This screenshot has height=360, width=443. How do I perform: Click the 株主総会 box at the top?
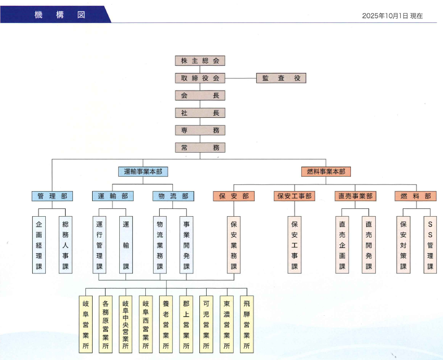click(x=200, y=60)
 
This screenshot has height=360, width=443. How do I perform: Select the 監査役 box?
click(x=281, y=78)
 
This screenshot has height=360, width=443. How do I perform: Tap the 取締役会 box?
click(x=200, y=78)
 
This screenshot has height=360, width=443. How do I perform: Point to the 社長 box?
click(x=200, y=113)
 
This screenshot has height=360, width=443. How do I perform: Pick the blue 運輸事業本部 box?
click(x=143, y=171)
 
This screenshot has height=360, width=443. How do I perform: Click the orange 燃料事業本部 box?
click(x=326, y=171)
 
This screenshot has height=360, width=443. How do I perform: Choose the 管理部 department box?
click(x=52, y=196)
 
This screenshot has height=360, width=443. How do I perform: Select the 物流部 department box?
click(x=173, y=196)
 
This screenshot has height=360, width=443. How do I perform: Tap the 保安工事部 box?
click(x=295, y=196)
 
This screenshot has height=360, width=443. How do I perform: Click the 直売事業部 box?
click(x=356, y=196)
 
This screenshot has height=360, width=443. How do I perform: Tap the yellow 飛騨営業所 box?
click(x=247, y=324)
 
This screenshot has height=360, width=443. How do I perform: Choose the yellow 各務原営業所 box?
click(x=106, y=324)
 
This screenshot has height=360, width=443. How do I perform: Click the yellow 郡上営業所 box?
click(x=186, y=324)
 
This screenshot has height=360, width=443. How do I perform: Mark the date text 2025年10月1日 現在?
click(x=393, y=16)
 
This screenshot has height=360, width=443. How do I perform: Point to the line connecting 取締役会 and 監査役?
click(x=241, y=78)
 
